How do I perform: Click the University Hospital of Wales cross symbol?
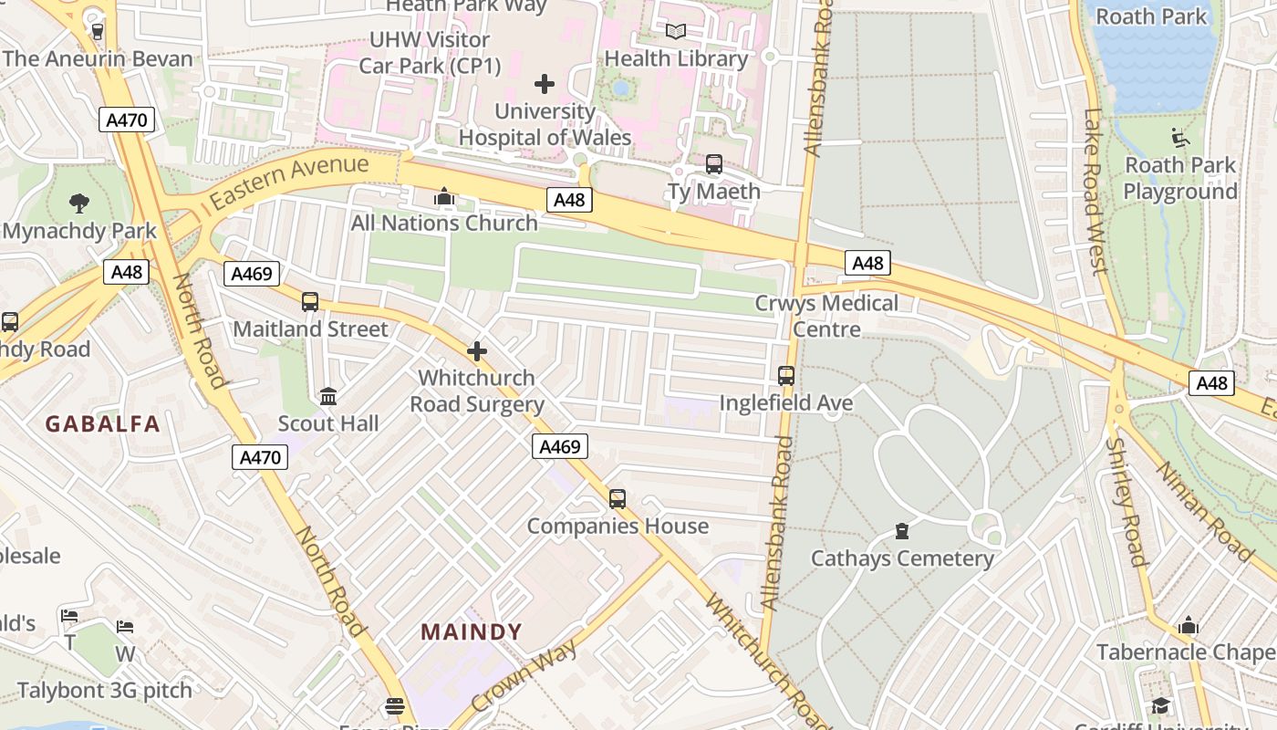click(x=545, y=85)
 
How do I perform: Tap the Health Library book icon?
click(x=676, y=32)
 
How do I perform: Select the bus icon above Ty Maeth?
click(x=714, y=164)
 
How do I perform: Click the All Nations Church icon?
click(x=444, y=196)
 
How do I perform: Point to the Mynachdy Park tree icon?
click(x=79, y=203)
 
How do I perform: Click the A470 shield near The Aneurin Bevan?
click(x=128, y=120)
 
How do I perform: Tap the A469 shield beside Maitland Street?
click(x=251, y=274)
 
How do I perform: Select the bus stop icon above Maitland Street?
click(x=310, y=302)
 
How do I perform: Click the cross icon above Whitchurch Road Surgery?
click(x=476, y=351)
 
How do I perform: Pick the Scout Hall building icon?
click(x=328, y=397)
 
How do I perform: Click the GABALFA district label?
click(x=103, y=423)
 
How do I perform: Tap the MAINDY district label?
click(x=472, y=631)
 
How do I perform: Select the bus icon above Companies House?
click(x=618, y=499)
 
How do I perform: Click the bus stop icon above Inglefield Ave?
click(x=785, y=376)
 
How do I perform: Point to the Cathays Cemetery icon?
click(x=902, y=531)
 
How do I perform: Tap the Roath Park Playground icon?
click(x=1180, y=139)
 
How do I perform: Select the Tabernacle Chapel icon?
click(x=1188, y=626)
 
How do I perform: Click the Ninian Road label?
click(x=1205, y=511)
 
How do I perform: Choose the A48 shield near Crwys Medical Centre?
click(x=867, y=264)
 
